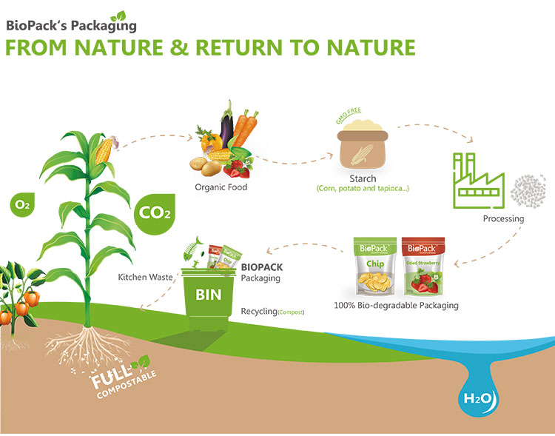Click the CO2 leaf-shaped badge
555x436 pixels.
pyautogui.click(x=155, y=213)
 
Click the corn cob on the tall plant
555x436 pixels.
pyautogui.click(x=105, y=150)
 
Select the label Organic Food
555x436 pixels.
pyautogui.click(x=221, y=187)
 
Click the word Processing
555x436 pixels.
pyautogui.click(x=503, y=218)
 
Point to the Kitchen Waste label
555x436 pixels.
pyautogui.click(x=146, y=278)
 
